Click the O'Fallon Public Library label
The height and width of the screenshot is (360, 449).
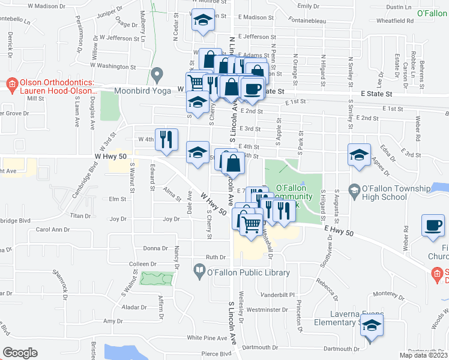[x=249, y=272]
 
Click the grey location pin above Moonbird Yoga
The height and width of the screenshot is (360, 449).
[x=157, y=75]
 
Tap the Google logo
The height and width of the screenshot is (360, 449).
[x=20, y=353]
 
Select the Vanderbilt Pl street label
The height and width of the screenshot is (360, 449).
[x=280, y=295]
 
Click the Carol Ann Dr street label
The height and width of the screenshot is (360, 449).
[x=53, y=229]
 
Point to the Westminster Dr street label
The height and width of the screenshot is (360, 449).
[x=265, y=310]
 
